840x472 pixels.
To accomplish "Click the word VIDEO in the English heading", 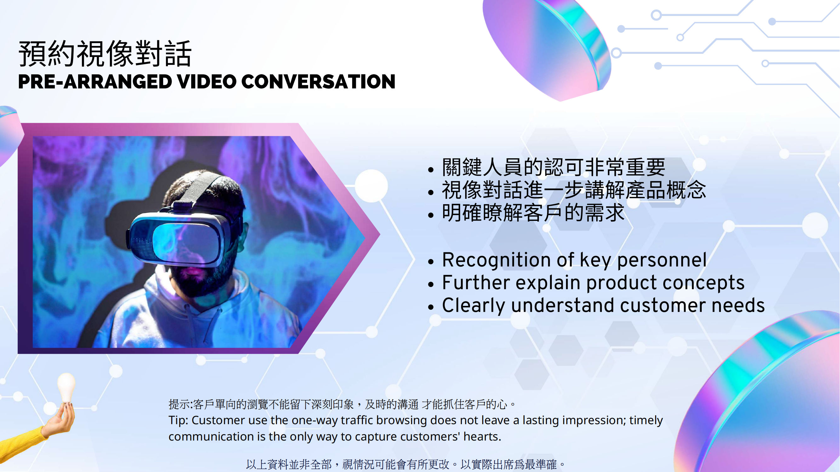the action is point(207,81).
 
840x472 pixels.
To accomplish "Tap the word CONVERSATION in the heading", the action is point(318,81).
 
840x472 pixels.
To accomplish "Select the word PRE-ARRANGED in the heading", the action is point(95,81).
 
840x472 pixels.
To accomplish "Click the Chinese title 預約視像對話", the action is point(105,54).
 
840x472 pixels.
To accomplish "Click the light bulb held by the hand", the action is point(66,388).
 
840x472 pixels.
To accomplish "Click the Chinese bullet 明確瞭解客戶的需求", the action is point(533,213).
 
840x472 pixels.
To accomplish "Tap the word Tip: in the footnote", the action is point(178,420).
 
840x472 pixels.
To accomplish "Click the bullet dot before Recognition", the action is point(431,261).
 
